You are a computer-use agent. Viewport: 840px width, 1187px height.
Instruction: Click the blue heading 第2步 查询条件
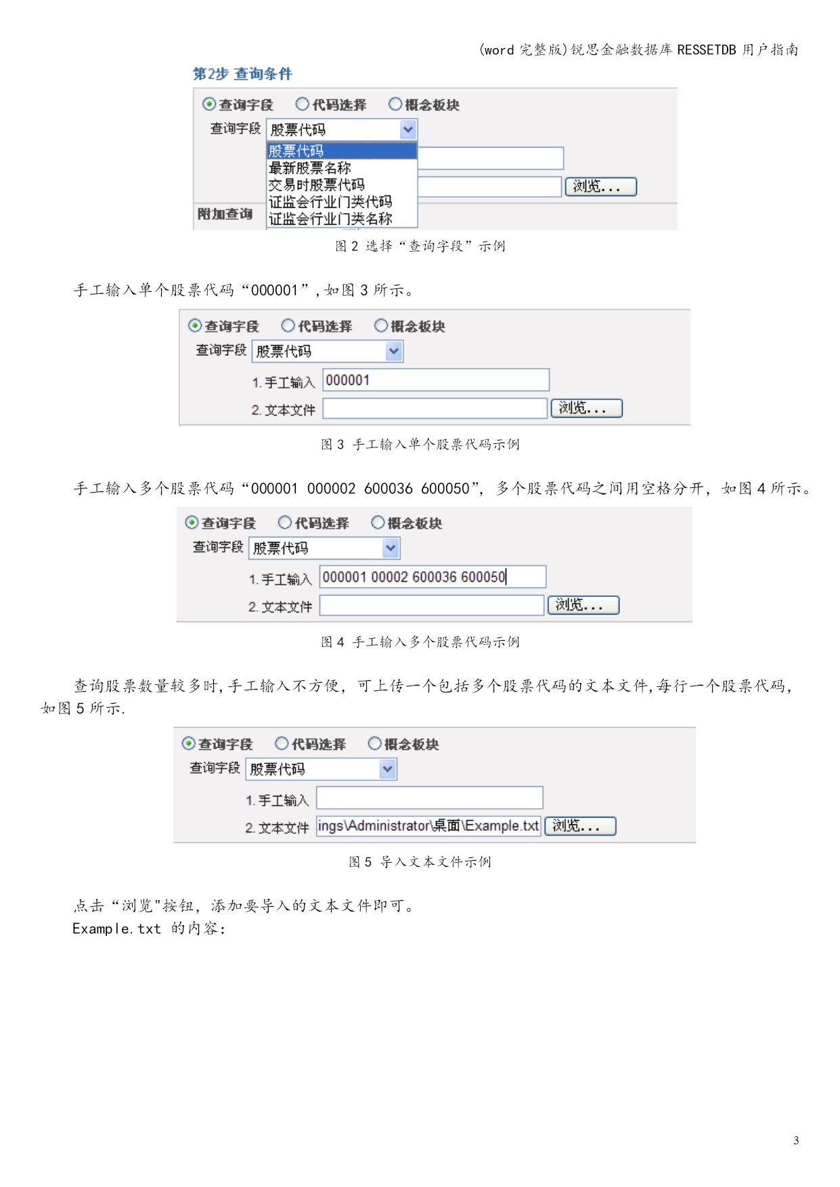pyautogui.click(x=242, y=74)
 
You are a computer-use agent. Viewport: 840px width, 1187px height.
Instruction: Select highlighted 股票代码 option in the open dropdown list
pyautogui.click(x=342, y=151)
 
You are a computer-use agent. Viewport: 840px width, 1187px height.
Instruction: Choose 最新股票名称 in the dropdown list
pyautogui.click(x=310, y=168)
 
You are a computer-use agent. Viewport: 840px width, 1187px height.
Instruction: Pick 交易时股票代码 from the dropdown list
pyautogui.click(x=317, y=185)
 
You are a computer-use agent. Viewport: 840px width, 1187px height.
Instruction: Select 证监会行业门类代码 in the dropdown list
pyautogui.click(x=330, y=202)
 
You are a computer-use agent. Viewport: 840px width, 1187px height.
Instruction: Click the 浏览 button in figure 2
pyautogui.click(x=601, y=187)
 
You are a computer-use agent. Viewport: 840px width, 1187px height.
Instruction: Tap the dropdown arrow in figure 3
pyautogui.click(x=394, y=351)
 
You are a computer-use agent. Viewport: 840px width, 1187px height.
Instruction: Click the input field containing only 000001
pyautogui.click(x=436, y=380)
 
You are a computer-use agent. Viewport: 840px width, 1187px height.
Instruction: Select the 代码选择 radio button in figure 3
pyautogui.click(x=288, y=326)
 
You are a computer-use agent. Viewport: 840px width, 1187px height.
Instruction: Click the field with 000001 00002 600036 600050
pyautogui.click(x=433, y=577)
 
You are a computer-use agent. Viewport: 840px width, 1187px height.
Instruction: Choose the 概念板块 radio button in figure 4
pyautogui.click(x=378, y=522)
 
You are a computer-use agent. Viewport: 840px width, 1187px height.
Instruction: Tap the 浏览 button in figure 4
pyautogui.click(x=583, y=605)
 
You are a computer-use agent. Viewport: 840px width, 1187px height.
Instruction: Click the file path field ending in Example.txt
pyautogui.click(x=428, y=826)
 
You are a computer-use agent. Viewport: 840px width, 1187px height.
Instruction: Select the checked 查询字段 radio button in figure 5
pyautogui.click(x=189, y=744)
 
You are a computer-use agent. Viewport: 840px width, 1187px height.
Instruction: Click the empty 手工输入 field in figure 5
pyautogui.click(x=430, y=798)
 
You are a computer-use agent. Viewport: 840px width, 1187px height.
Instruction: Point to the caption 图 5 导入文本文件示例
pyautogui.click(x=420, y=861)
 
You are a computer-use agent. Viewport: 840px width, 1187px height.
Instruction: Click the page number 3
pyautogui.click(x=796, y=1140)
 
